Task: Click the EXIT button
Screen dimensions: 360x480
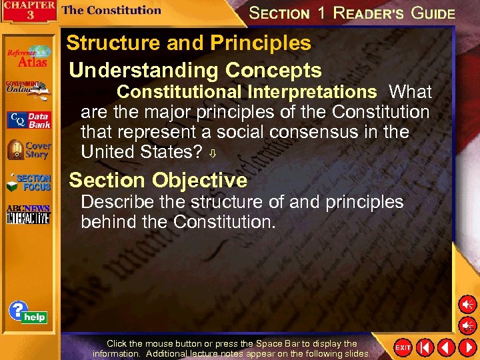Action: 403,347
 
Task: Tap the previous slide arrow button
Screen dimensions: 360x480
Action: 446,347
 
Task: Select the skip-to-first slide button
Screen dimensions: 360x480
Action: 425,347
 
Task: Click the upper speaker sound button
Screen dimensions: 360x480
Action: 467,305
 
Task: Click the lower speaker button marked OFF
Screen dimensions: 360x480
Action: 467,325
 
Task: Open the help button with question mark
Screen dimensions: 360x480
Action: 27,313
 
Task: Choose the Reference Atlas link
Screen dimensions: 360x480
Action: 28,57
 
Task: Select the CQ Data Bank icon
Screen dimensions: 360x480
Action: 28,120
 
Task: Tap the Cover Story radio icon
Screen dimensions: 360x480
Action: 28,150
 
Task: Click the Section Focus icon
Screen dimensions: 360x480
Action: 28,183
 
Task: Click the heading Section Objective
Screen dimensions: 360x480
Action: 158,180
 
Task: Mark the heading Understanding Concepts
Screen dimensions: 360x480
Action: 195,70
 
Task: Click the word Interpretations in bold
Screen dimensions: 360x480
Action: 311,91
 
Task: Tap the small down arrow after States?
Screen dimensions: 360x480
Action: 213,154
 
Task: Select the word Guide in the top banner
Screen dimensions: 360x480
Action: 433,13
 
